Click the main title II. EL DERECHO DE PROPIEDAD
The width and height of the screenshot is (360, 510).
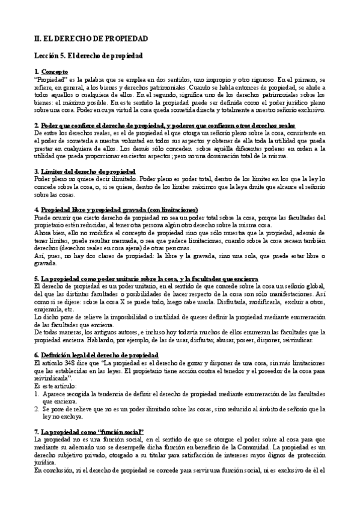tap(91, 38)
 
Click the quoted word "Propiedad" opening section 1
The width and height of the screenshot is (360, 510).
tap(51, 79)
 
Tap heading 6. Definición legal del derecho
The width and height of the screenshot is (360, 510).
tap(96, 355)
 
